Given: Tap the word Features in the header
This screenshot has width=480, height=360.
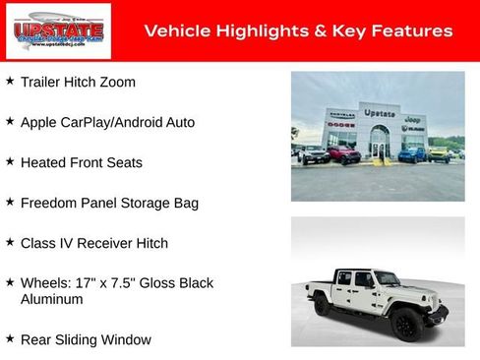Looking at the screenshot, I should coord(413,31).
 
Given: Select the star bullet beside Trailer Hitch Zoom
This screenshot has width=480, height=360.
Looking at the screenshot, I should coord(10,82).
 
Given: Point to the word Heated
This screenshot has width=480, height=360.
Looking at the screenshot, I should coord(43,162).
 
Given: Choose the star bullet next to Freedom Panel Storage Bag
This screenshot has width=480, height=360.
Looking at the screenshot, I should coord(10,202).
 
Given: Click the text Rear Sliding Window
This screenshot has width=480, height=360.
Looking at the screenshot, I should coord(86,339).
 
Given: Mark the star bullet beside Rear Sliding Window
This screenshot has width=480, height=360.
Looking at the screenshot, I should coord(10,338).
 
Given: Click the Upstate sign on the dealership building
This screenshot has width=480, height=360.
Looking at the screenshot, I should coord(379,113).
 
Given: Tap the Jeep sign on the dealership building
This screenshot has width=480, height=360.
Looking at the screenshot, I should coord(414,119).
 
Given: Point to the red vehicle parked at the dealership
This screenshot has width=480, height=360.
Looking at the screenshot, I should coord(344,154).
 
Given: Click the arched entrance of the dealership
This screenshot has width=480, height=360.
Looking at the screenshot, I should coord(379,144).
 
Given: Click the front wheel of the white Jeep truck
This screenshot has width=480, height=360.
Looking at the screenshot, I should coord(405,323).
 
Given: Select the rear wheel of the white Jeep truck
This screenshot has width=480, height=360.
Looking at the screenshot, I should coord(323,306).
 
